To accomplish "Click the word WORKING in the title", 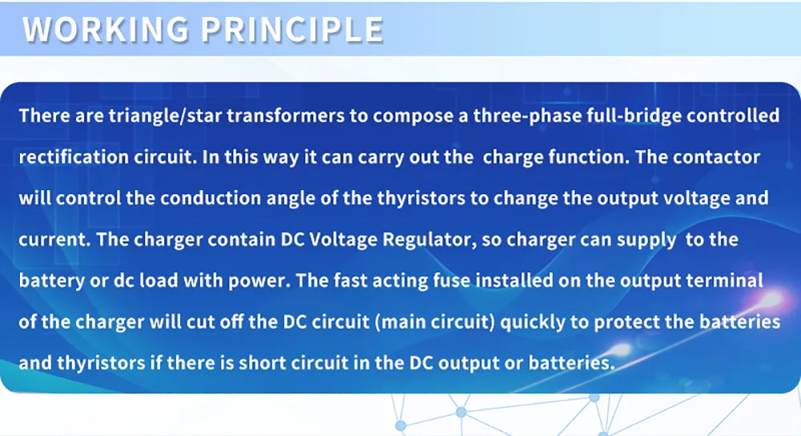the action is [x=106, y=29].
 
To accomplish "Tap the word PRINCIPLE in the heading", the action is [x=292, y=29].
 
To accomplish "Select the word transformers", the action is [x=286, y=115].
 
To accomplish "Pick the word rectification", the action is [x=74, y=157].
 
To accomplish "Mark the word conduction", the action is [x=211, y=198].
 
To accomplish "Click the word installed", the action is [x=514, y=281].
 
